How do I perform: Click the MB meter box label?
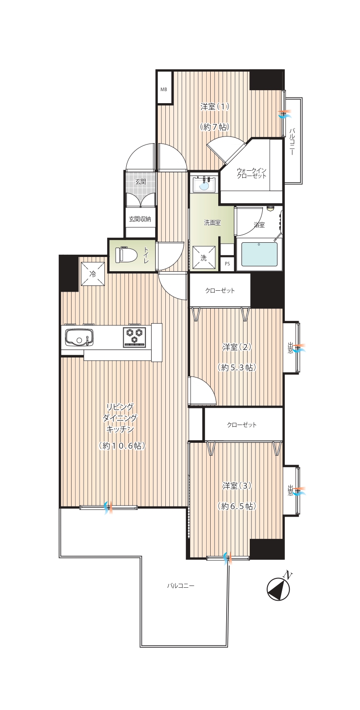pos(163,89)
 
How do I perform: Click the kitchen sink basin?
pos(79,337)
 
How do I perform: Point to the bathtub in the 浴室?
pos(259,254)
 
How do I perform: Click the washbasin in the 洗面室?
pos(204,185)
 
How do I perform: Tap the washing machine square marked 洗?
pos(204,257)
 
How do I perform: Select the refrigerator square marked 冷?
pos(92,273)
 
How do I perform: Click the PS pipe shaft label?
pos(227,263)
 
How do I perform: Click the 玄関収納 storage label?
pos(140,219)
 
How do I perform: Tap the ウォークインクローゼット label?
pos(251,173)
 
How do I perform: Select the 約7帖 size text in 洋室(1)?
pos(215,127)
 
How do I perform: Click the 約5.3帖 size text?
pos(237,367)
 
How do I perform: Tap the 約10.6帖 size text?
pos(122,445)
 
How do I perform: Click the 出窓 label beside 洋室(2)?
pos(290,348)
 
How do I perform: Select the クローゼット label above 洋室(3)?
pos(241,425)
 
